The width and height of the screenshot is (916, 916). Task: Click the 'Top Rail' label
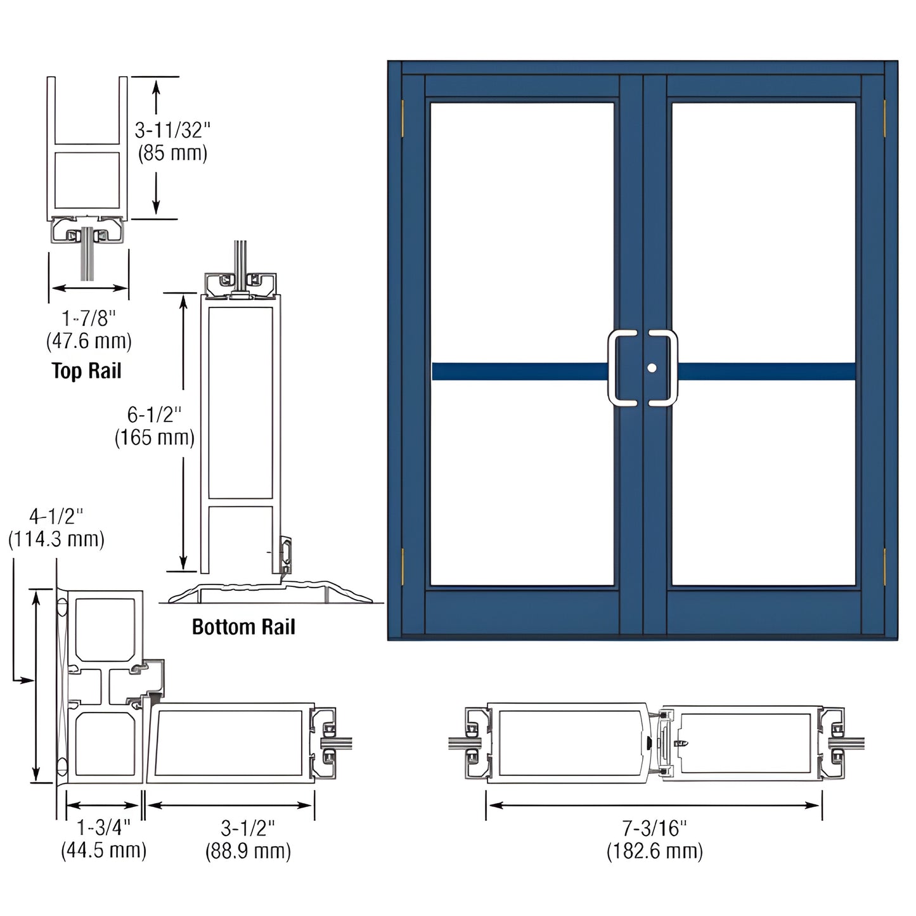click(86, 370)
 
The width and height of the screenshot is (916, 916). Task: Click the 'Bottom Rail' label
click(243, 627)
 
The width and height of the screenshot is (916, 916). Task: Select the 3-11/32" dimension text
click(172, 131)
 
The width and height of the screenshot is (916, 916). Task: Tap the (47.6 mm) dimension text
click(89, 342)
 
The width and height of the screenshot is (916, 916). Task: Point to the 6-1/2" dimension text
click(154, 415)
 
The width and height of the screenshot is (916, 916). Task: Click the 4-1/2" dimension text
click(56, 516)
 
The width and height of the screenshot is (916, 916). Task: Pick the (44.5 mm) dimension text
click(103, 850)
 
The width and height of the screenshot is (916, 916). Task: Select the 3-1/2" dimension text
click(248, 827)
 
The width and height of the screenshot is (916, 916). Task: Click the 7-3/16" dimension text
click(654, 827)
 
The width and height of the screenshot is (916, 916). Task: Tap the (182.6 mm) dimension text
click(654, 851)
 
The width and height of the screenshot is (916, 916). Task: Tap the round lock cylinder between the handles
click(652, 368)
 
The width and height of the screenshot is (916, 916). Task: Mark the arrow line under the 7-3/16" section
click(654, 805)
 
